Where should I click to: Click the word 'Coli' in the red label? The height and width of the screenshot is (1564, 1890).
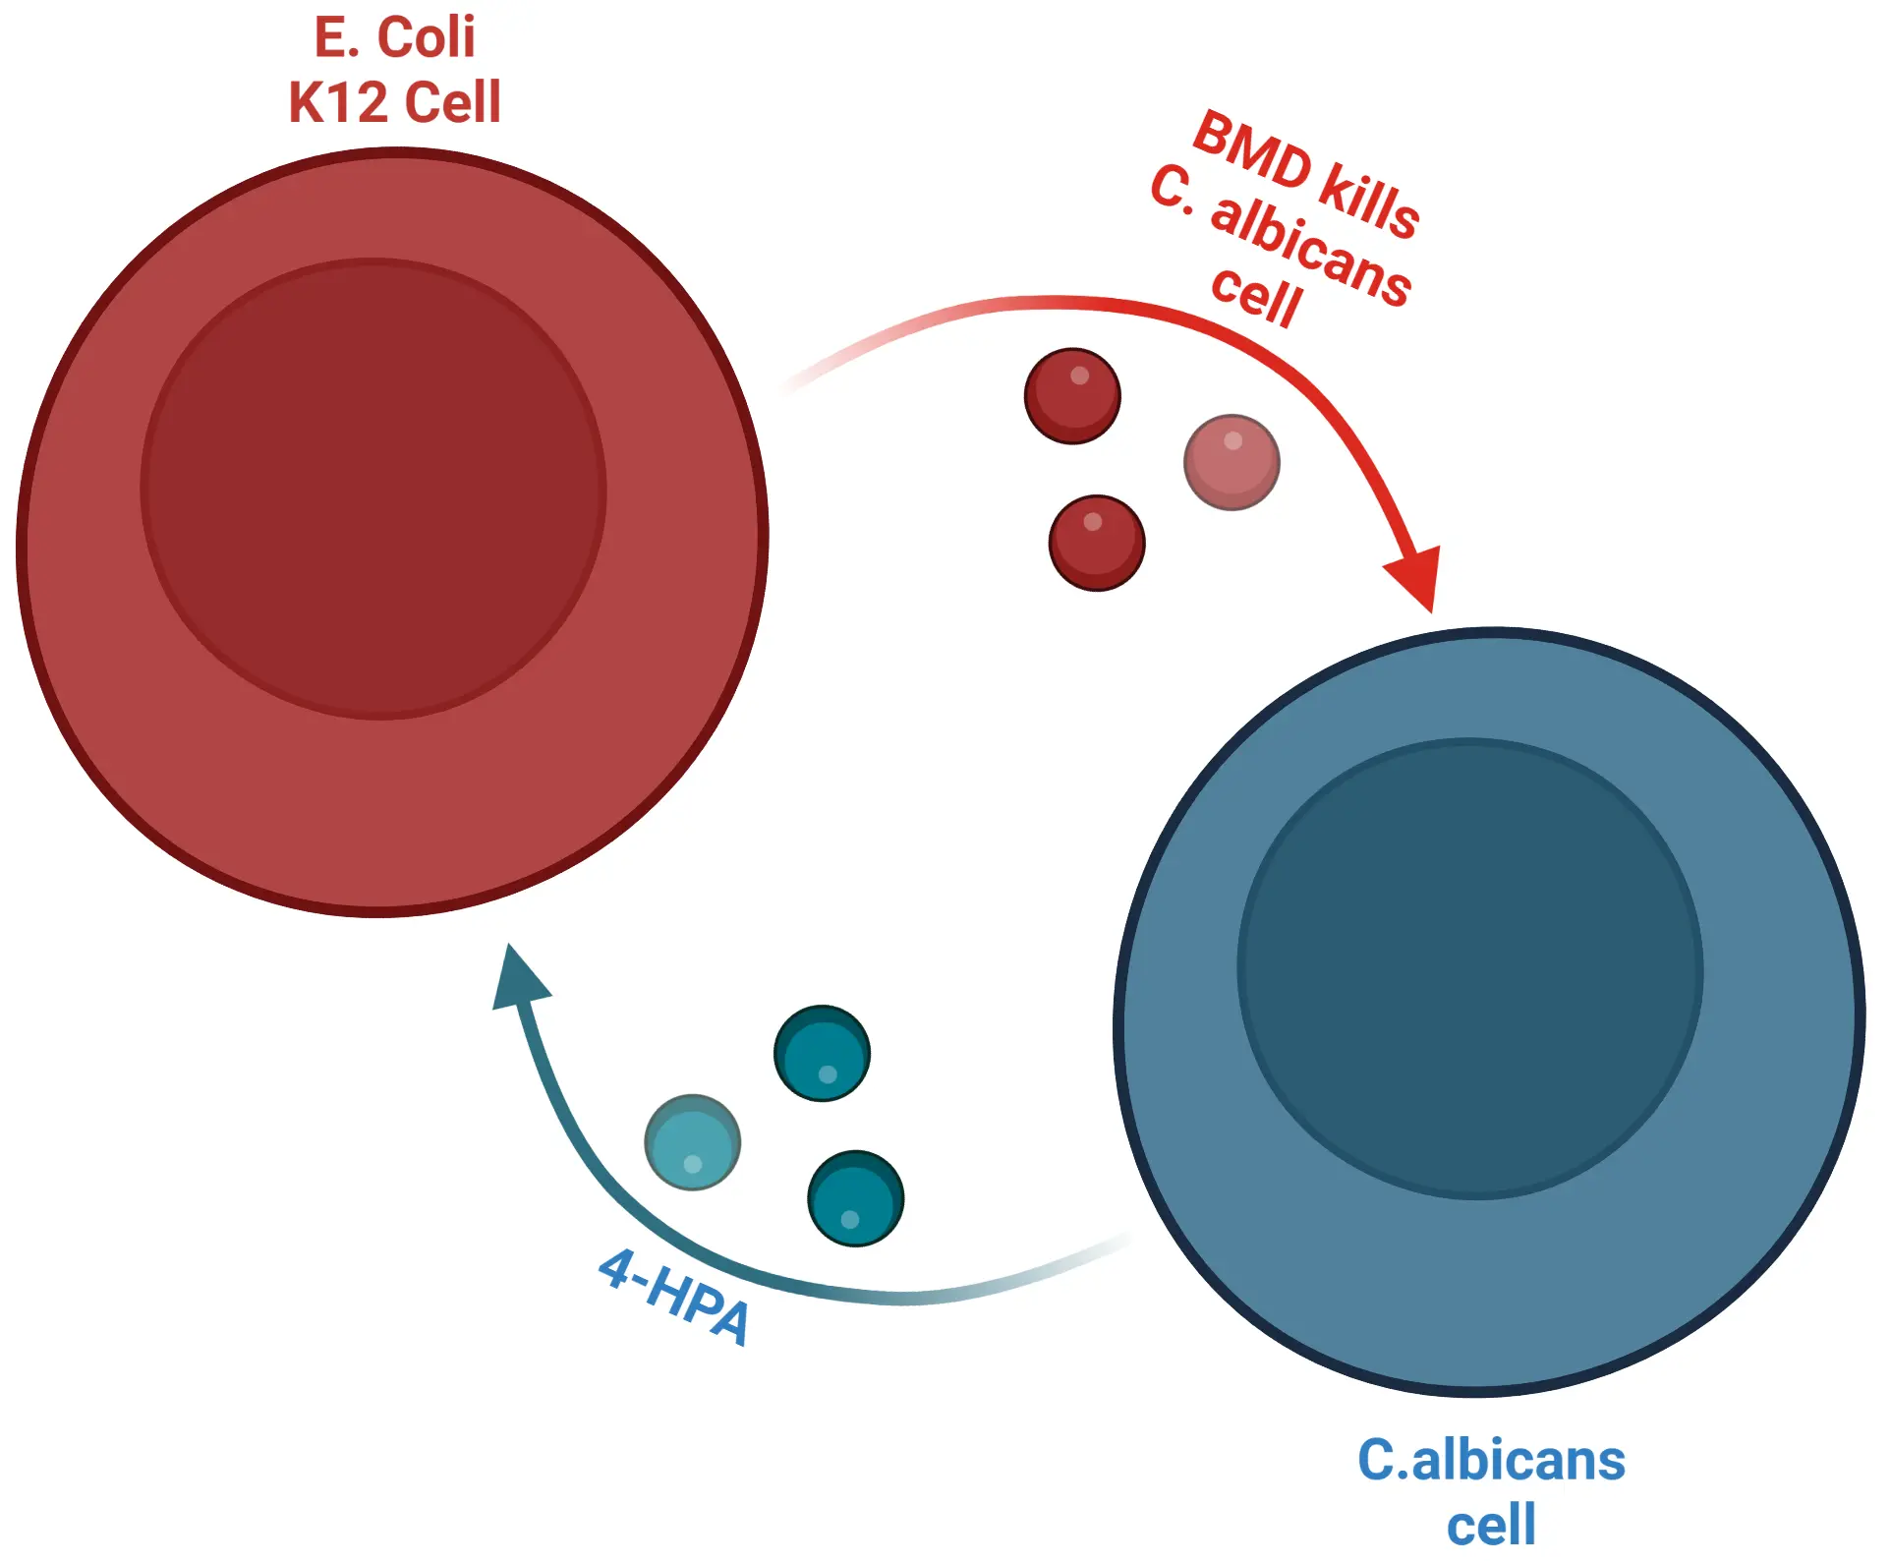point(426,38)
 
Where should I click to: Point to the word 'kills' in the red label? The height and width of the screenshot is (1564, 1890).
point(1368,202)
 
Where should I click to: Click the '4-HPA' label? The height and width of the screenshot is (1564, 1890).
point(675,1296)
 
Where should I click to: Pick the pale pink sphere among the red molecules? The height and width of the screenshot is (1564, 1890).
point(1231,462)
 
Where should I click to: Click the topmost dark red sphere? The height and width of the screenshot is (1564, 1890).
point(1072,396)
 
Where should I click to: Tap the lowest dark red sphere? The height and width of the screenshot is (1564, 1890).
point(1097,543)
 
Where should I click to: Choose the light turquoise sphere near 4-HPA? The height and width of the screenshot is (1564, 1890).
point(692,1142)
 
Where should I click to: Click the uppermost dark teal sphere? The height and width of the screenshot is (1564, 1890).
point(822,1053)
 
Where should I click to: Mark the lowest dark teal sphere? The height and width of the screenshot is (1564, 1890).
point(855,1198)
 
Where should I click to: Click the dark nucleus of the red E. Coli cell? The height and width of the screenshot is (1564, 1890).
point(373,489)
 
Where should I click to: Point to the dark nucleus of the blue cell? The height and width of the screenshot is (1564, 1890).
point(1469,968)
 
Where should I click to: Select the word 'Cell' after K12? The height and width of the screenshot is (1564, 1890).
point(452,102)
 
